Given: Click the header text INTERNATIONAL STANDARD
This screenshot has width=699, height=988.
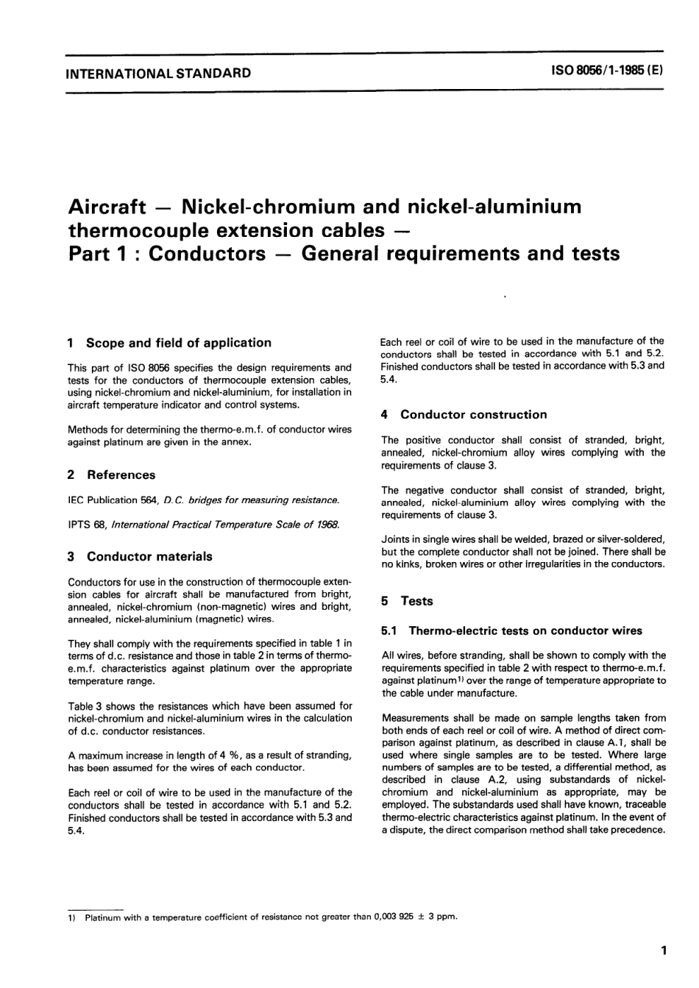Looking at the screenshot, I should [x=158, y=74].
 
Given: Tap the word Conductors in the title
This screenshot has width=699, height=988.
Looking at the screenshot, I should [x=207, y=254].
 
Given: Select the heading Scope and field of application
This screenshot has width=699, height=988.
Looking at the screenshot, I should [x=179, y=343].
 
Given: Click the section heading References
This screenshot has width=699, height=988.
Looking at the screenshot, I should [x=121, y=475].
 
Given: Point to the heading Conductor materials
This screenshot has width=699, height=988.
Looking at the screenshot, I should [x=149, y=557].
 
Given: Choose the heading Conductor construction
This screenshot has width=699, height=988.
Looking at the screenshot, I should [x=474, y=415].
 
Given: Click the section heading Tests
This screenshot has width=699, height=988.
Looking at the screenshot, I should [x=416, y=601].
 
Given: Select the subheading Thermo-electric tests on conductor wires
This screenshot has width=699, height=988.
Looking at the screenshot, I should [x=525, y=630].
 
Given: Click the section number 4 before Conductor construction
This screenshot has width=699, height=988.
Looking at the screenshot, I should [x=385, y=415].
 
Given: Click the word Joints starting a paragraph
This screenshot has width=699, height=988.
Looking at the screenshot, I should [x=397, y=540].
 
